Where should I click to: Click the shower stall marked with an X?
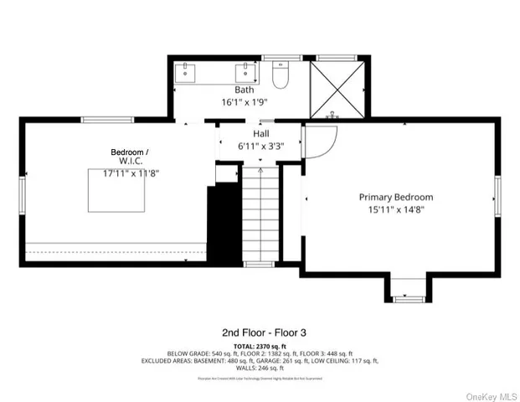[x=337, y=90]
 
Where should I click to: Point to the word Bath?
[x=244, y=90]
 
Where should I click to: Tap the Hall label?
[x=261, y=133]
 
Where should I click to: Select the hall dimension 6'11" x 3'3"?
[x=261, y=146]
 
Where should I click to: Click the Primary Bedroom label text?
[x=395, y=197]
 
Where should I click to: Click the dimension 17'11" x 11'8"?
[x=131, y=174]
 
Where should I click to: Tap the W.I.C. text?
[x=130, y=161]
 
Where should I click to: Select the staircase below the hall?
[x=260, y=214]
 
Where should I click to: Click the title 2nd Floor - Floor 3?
[x=260, y=332]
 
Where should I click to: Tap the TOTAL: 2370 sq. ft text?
[x=260, y=345]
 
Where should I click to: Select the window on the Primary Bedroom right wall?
[x=497, y=195]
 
